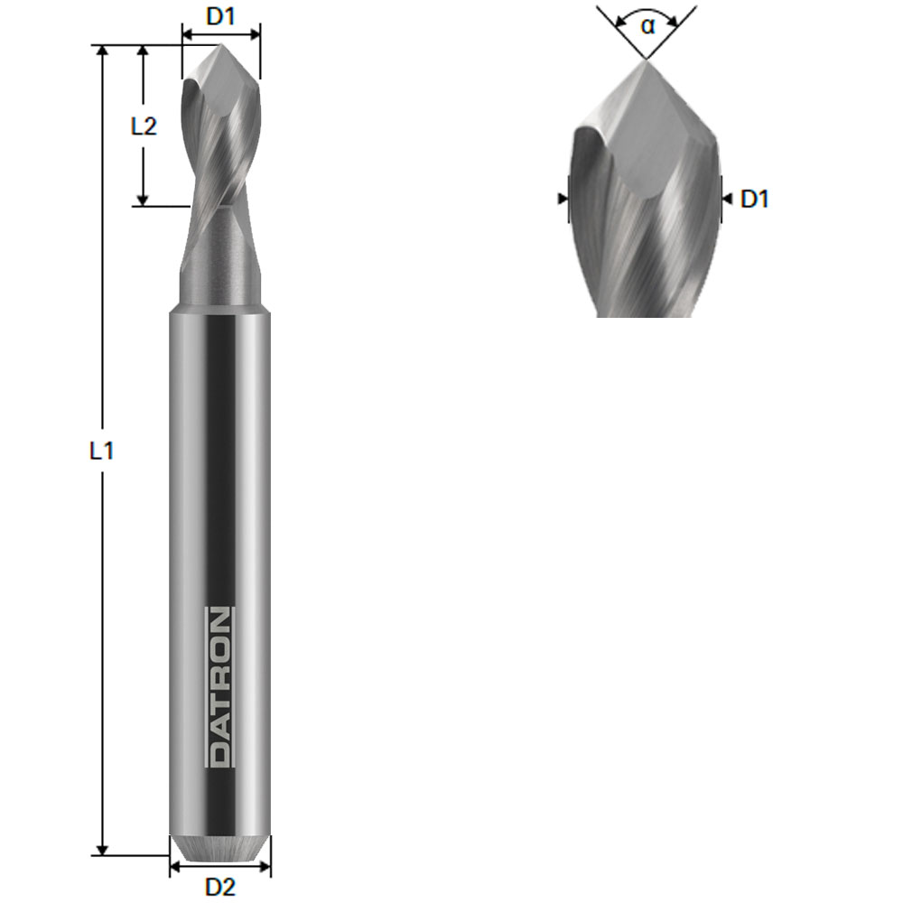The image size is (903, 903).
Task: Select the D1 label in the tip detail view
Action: tap(754, 200)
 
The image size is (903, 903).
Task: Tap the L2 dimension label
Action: tap(144, 126)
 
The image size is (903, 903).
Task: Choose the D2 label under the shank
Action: tap(219, 888)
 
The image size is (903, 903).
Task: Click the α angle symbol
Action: tap(647, 25)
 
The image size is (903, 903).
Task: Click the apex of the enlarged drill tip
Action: tap(645, 61)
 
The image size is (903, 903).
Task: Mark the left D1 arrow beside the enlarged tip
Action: tap(563, 198)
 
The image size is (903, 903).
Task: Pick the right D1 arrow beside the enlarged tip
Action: tap(727, 198)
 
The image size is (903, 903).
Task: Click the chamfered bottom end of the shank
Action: tap(219, 846)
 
